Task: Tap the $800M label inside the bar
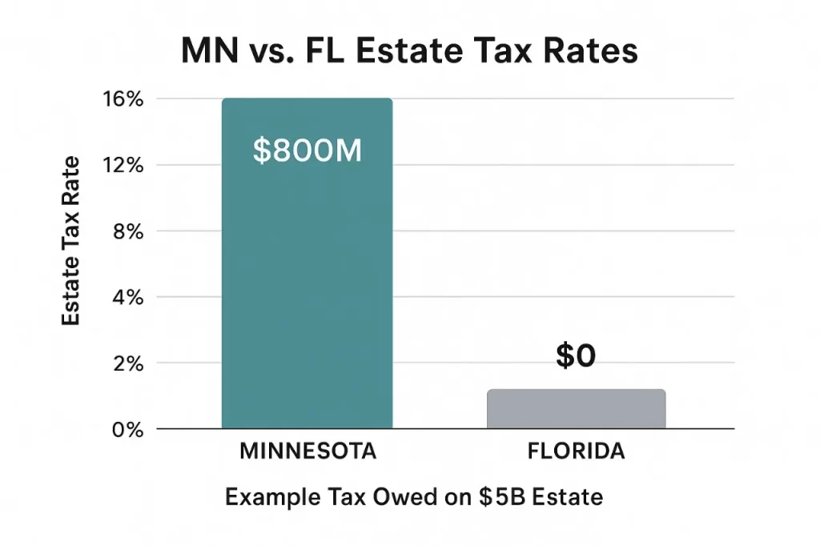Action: click(x=307, y=151)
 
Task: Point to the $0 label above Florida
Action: click(x=576, y=357)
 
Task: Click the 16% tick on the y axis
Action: click(x=123, y=99)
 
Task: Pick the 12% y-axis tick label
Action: click(x=123, y=166)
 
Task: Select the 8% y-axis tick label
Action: click(x=127, y=231)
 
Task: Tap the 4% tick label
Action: click(x=127, y=297)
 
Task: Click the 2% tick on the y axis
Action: click(x=127, y=363)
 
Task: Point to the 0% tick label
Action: click(x=127, y=429)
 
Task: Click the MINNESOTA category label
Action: click(x=307, y=452)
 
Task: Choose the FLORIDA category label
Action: click(x=576, y=452)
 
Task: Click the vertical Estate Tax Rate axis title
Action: click(x=71, y=240)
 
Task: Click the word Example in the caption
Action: click(x=263, y=498)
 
